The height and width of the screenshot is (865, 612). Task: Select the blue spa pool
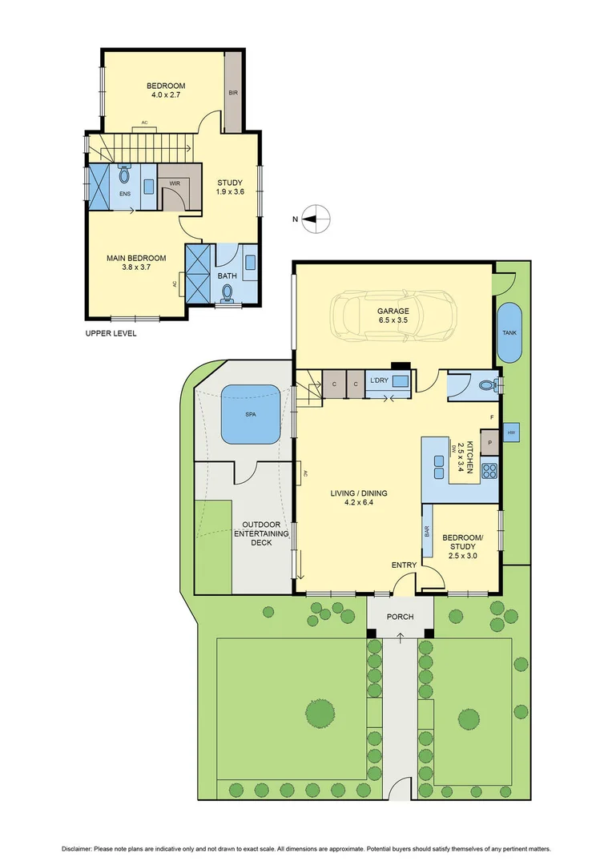[x=251, y=414]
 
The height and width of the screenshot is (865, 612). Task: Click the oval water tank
[x=509, y=332]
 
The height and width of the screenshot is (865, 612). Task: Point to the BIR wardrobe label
[x=233, y=93]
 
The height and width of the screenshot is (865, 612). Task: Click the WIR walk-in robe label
[x=175, y=183]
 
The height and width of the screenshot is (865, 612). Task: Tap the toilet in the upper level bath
[x=227, y=295]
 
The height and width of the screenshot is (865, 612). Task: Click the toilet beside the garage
[x=485, y=386]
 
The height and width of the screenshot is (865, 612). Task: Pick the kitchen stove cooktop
[x=489, y=472]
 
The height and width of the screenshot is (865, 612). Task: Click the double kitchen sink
[x=440, y=461]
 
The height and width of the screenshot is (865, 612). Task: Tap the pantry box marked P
[x=489, y=441]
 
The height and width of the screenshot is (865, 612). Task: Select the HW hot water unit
[x=511, y=433]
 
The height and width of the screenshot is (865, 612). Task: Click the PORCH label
[x=400, y=617]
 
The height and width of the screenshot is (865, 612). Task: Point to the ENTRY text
[x=404, y=565]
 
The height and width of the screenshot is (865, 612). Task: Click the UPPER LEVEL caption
[x=111, y=333]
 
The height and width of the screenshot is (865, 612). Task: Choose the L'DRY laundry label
[x=378, y=381]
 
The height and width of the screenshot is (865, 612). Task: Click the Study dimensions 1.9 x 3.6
[x=230, y=192]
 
